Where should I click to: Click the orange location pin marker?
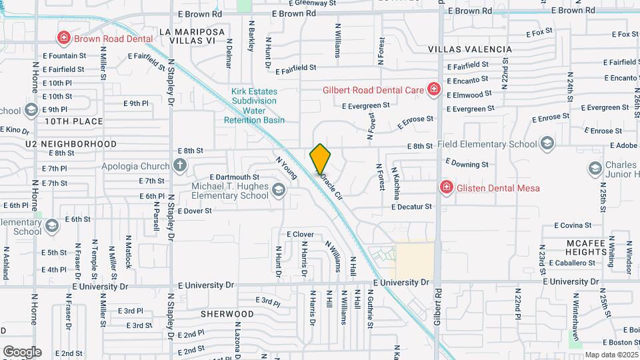(320, 159)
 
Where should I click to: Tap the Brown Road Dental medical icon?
(64, 38)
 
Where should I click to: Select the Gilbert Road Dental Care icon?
(433, 89)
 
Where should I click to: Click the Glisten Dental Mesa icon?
(445, 187)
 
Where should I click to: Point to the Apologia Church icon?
(180, 165)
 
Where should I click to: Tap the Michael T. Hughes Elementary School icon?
(278, 192)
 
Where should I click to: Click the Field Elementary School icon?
(547, 143)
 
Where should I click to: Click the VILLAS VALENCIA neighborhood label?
(470, 49)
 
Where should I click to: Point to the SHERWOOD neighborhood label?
(227, 313)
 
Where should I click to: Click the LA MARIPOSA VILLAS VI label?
(192, 36)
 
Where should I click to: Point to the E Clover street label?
(300, 235)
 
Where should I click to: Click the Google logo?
(21, 351)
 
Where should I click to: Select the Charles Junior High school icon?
(595, 169)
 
